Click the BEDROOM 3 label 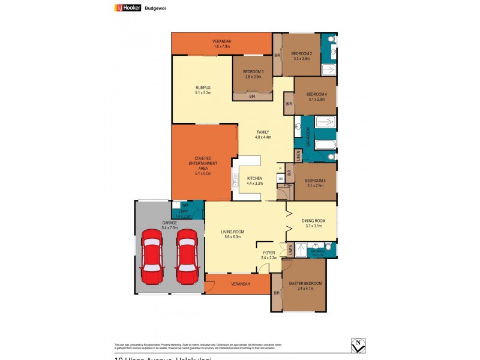(253, 74)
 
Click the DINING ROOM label (313, 223)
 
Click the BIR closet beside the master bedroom (276, 293)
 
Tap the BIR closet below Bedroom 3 (253, 96)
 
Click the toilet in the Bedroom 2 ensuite (332, 40)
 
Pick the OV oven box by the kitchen (280, 178)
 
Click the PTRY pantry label (287, 186)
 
